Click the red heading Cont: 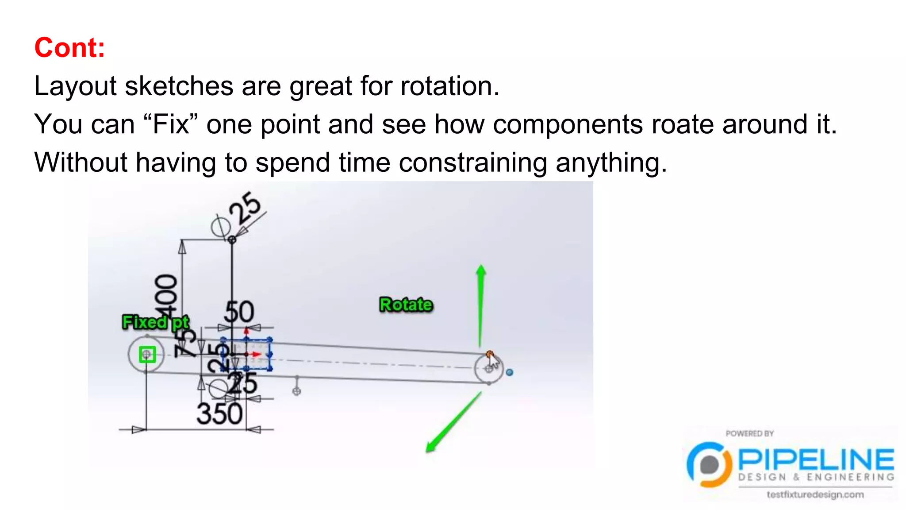[x=70, y=48]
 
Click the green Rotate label [x=406, y=305]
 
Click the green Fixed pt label [x=155, y=322]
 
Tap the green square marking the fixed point [x=147, y=354]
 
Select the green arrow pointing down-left [x=453, y=423]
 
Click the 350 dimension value [x=219, y=414]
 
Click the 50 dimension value [x=239, y=312]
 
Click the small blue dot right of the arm [x=509, y=372]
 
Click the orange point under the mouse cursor [x=489, y=354]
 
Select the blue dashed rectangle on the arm [x=246, y=354]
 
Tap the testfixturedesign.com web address [x=815, y=495]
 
